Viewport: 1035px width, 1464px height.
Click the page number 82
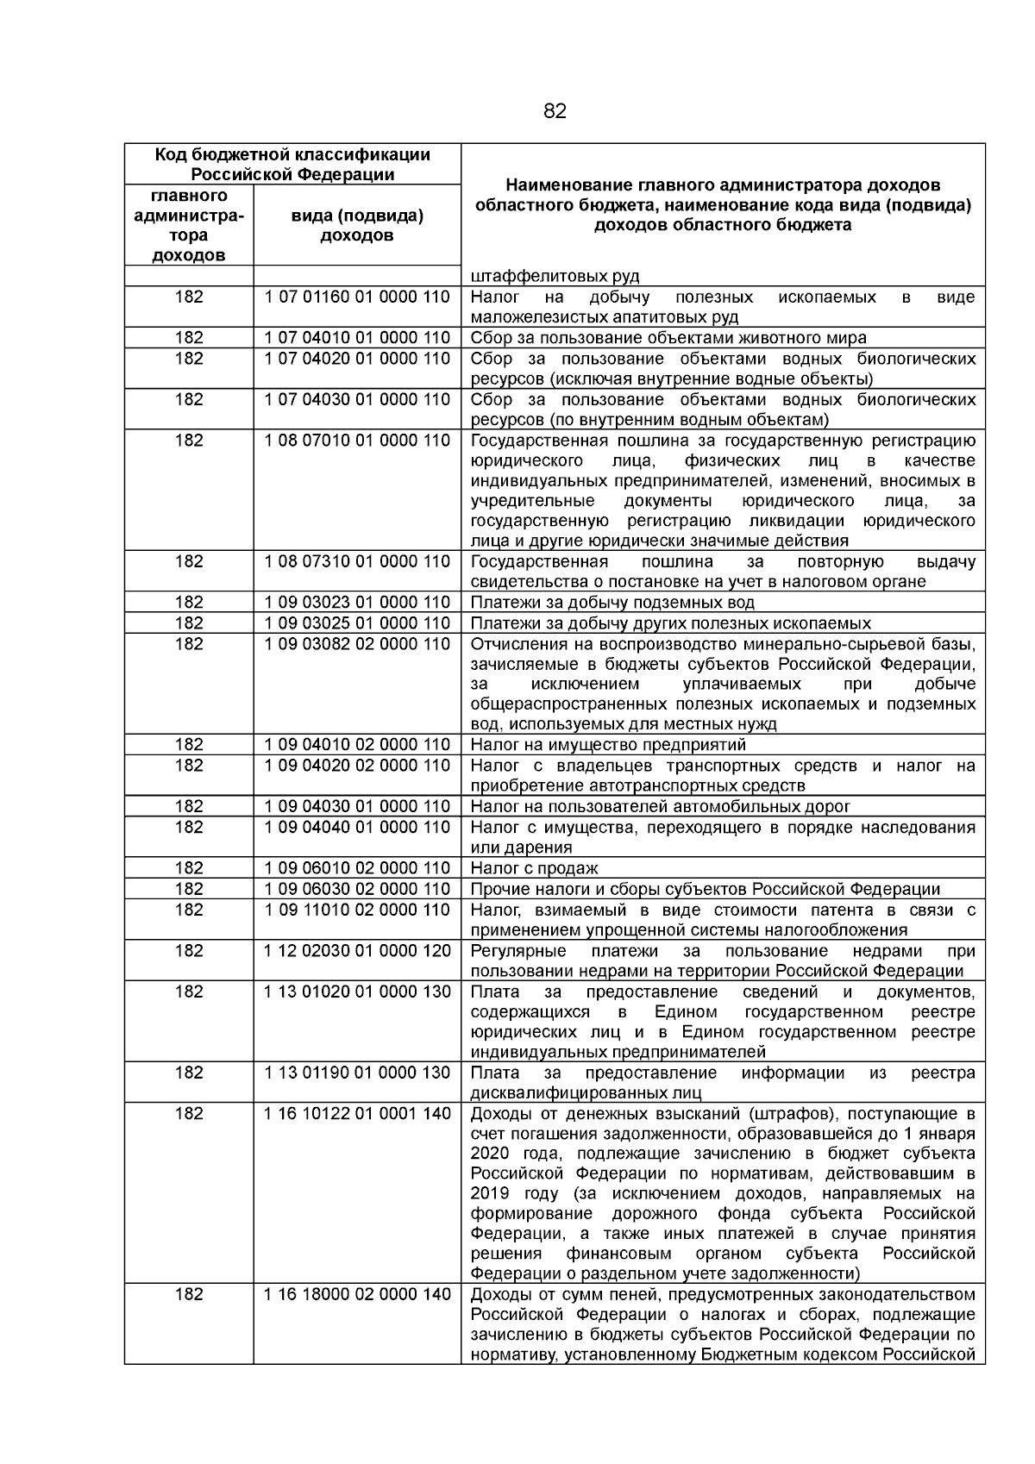(555, 111)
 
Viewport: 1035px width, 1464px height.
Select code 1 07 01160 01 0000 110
(357, 297)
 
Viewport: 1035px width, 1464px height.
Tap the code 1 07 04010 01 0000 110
(357, 338)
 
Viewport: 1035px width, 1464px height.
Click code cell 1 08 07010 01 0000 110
(357, 441)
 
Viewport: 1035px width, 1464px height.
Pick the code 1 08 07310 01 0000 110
(357, 561)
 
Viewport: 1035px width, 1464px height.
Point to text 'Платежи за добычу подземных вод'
(612, 603)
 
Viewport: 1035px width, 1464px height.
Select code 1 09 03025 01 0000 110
(357, 623)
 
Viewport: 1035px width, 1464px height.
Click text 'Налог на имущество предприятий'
(608, 745)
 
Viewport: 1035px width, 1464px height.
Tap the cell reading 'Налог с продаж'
(534, 868)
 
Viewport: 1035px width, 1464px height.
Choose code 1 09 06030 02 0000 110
(357, 889)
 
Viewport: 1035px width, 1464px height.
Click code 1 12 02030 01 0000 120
(357, 951)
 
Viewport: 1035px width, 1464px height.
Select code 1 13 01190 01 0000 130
(357, 1073)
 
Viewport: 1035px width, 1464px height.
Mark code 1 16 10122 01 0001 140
(357, 1114)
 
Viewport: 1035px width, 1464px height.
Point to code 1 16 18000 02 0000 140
(357, 1295)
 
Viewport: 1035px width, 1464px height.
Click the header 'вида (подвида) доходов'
(357, 225)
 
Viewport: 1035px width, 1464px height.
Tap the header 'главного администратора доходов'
(189, 225)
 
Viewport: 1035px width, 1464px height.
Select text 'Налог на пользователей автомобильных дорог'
(660, 807)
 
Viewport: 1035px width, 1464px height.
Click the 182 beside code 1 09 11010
(189, 910)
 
